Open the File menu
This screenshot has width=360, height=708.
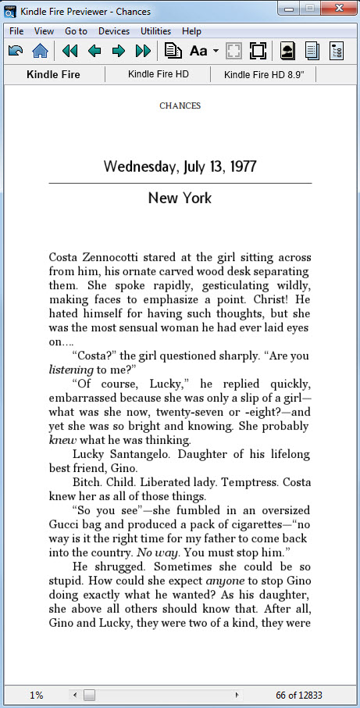point(16,31)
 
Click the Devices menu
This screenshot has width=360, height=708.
point(114,31)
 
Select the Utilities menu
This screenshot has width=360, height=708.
point(155,31)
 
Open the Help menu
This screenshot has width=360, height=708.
point(191,31)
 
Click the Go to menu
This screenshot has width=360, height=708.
point(76,31)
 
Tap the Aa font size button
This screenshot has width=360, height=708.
point(198,52)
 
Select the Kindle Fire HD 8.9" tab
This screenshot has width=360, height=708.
point(263,75)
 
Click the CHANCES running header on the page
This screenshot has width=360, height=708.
point(180,105)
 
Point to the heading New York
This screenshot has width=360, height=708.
point(180,198)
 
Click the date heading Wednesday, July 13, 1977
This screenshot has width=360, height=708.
point(180,166)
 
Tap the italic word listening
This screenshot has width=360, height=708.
point(71,370)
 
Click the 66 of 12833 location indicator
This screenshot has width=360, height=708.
point(299,695)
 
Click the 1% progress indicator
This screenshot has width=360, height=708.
point(37,695)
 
